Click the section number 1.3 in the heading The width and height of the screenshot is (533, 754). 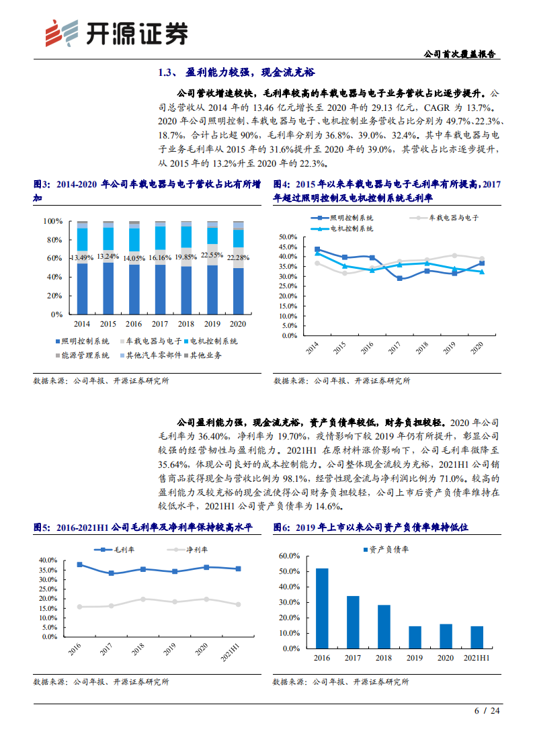(166, 72)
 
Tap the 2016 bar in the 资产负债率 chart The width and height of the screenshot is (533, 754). (322, 608)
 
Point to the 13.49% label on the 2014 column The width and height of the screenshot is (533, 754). (82, 257)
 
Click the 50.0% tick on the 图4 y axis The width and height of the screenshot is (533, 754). (288, 237)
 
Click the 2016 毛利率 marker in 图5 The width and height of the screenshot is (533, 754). (80, 564)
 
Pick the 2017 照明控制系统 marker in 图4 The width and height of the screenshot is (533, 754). (400, 278)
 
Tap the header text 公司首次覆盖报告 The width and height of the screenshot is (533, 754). (462, 54)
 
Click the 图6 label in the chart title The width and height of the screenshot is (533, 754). (282, 528)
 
